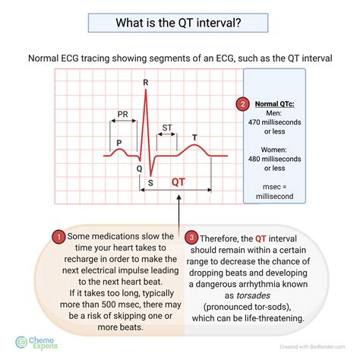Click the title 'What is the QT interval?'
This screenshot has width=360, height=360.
pyautogui.click(x=180, y=23)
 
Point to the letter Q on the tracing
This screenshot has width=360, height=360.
pyautogui.click(x=138, y=169)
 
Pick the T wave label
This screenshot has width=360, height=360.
pyautogui.click(x=194, y=137)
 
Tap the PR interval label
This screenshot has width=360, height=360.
pyautogui.click(x=122, y=115)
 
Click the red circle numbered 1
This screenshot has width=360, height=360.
pyautogui.click(x=58, y=237)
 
